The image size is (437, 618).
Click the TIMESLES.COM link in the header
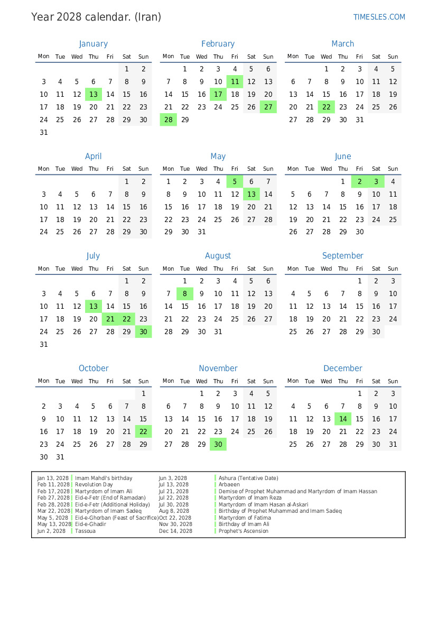coord(379,17)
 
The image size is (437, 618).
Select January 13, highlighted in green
coord(94,95)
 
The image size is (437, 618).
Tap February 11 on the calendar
coord(235,82)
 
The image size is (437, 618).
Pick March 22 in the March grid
coord(326,107)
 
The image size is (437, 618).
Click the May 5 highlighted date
coord(235,182)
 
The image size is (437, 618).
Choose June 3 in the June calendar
coord(376,182)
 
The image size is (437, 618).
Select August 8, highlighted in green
coord(185,294)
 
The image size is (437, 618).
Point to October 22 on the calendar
coord(143,432)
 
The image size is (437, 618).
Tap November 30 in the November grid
coord(218,445)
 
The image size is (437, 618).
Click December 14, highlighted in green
coord(343,419)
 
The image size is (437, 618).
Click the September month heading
coord(342,256)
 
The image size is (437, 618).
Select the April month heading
coord(93,156)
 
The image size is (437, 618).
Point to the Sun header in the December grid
coord(393,381)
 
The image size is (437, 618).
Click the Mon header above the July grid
coord(44,269)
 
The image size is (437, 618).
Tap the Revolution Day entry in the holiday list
coord(94,485)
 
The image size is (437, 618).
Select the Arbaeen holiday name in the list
coord(229,485)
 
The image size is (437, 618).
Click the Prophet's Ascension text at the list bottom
coord(243,531)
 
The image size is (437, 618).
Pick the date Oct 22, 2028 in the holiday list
coord(175,518)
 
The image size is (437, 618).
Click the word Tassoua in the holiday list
coord(85,531)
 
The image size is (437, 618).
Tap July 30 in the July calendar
coord(143,332)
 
